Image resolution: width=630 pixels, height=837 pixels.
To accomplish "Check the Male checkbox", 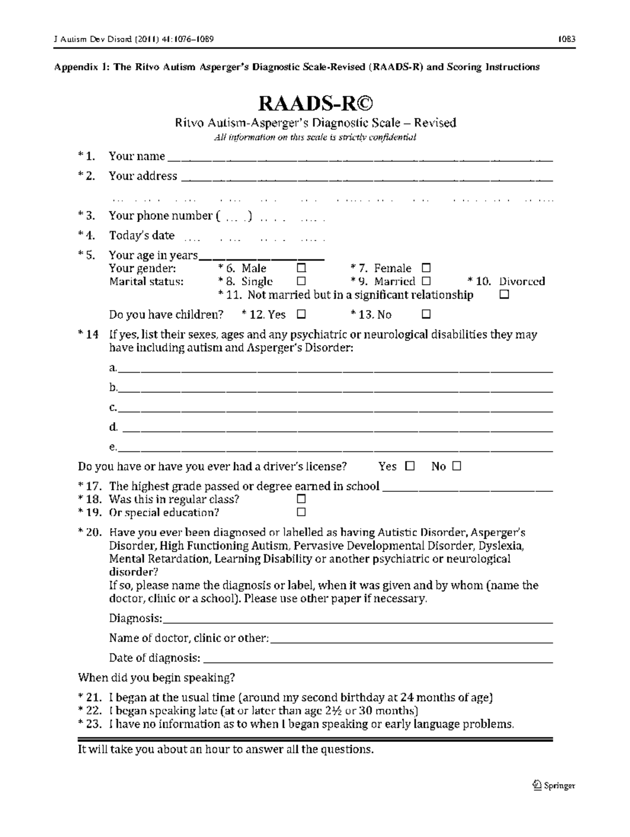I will tap(301, 268).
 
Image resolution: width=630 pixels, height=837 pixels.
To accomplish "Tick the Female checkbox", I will tap(426, 268).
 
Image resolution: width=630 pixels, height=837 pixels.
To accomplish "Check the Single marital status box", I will tap(301, 281).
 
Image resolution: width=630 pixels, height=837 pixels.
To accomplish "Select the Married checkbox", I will tap(426, 281).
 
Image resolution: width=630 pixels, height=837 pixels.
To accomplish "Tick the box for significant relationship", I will tap(505, 295).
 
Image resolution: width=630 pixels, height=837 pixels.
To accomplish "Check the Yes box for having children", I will tap(301, 314).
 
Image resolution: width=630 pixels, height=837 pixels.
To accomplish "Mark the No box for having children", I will tap(426, 314).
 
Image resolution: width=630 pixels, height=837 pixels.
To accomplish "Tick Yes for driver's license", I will tap(410, 466).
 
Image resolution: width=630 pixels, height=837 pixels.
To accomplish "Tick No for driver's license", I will tap(456, 466).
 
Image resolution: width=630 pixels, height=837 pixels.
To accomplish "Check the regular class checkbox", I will tap(301, 499).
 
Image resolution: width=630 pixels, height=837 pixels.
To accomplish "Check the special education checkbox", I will tap(301, 512).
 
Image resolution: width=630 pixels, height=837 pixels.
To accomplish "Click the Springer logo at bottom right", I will tap(554, 786).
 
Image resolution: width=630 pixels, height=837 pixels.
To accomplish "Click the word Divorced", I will tap(522, 281).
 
